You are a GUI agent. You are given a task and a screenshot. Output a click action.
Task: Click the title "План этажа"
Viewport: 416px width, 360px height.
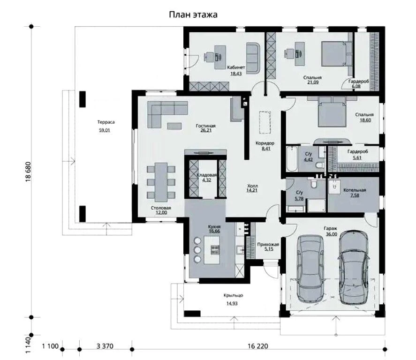click(x=193, y=15)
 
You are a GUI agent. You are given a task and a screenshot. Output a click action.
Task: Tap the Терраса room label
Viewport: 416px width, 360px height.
click(x=106, y=122)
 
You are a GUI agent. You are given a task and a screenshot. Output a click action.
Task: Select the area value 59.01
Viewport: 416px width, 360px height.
click(x=104, y=130)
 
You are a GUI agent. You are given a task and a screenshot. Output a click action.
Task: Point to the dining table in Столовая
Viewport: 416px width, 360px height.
click(x=161, y=182)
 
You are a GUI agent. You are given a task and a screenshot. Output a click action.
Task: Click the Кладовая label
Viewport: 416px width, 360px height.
click(x=207, y=175)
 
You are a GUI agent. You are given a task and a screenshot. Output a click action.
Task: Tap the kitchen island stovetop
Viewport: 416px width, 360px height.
click(x=215, y=250)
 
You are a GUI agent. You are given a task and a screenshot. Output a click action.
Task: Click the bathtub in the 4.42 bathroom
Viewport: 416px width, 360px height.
click(x=292, y=158)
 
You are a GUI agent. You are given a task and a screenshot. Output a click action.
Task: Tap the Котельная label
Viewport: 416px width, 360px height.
click(x=355, y=190)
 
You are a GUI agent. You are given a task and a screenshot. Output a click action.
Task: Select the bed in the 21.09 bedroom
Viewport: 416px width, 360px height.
click(x=336, y=53)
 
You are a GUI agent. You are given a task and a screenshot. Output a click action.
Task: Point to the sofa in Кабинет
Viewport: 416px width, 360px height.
click(x=253, y=57)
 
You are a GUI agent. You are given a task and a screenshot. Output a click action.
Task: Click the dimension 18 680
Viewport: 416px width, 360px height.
click(x=29, y=172)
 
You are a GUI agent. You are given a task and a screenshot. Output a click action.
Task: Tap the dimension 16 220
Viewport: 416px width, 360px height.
click(x=258, y=346)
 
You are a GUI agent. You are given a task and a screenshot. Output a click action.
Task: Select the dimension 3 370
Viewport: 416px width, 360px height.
click(x=105, y=346)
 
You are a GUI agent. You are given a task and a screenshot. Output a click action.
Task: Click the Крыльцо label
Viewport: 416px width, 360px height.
click(x=233, y=295)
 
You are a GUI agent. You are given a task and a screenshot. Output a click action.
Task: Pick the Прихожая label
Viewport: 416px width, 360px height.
click(x=268, y=244)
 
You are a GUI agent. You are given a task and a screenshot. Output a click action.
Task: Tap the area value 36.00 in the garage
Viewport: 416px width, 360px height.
click(x=332, y=234)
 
